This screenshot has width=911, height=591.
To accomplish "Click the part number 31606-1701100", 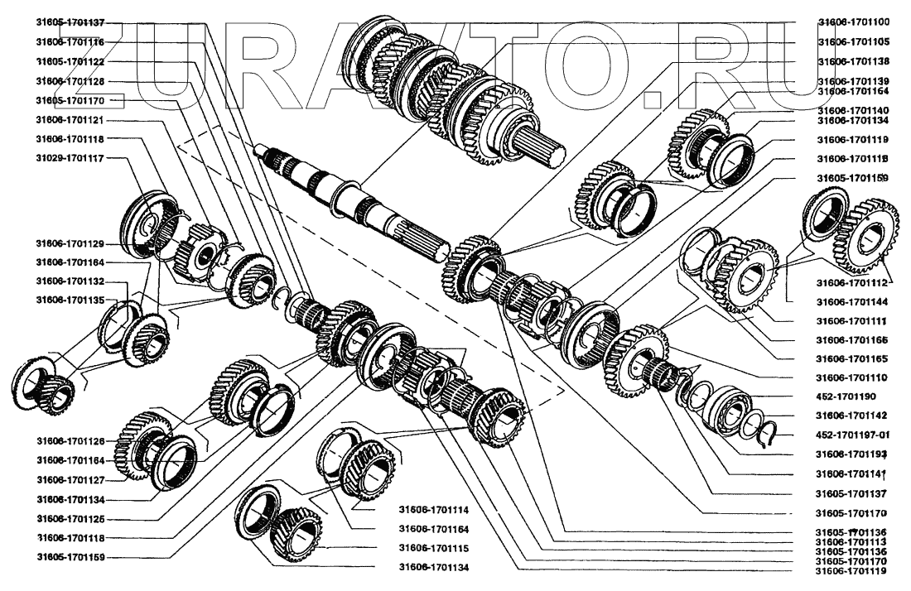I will [853, 22].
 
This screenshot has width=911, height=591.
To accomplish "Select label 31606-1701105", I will [853, 41].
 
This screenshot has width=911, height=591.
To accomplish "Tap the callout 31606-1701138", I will [853, 61].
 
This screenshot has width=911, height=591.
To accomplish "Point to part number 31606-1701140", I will [853, 110].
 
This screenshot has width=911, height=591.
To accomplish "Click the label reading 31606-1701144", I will [853, 302].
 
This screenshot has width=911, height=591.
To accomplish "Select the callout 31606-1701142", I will [853, 416].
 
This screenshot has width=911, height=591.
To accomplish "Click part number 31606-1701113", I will [853, 541].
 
